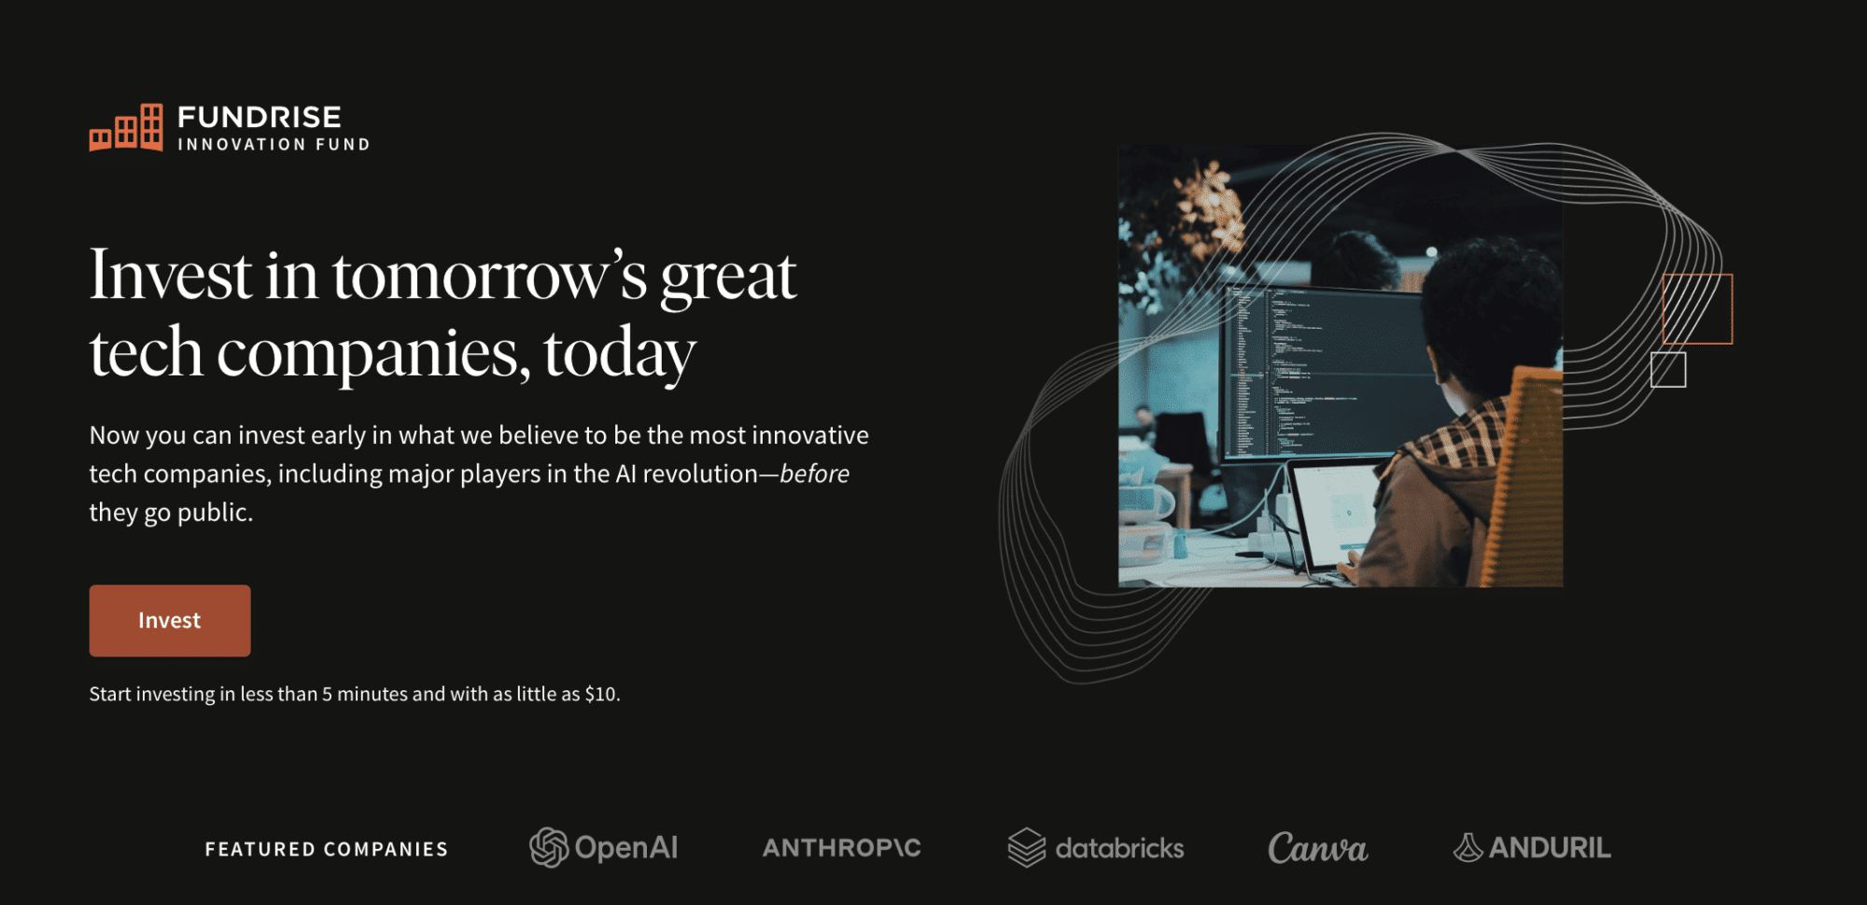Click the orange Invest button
point(170,620)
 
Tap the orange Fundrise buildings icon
point(126,127)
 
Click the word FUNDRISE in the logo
point(260,117)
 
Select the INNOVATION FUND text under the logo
point(274,145)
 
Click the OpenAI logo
point(603,847)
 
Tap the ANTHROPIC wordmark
point(842,848)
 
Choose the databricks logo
point(1096,848)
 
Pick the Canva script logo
point(1317,848)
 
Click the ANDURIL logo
point(1532,847)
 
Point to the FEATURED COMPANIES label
point(327,849)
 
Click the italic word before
point(815,474)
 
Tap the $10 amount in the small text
point(600,694)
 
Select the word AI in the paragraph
point(625,474)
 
